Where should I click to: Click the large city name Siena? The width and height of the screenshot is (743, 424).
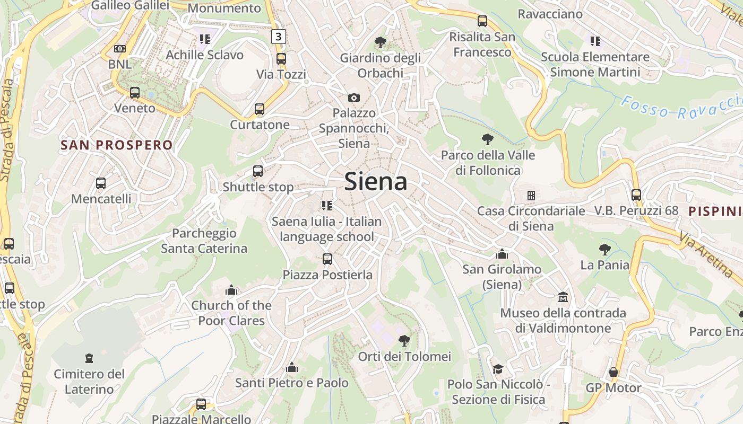coord(376,181)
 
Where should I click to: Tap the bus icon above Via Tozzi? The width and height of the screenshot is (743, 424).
coord(281,59)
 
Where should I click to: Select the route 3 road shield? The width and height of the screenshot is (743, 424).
coord(279,37)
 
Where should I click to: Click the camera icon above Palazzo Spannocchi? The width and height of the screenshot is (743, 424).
coord(354,98)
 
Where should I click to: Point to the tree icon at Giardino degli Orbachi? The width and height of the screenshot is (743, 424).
coord(380,42)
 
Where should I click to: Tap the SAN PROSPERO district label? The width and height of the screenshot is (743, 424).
coord(117,145)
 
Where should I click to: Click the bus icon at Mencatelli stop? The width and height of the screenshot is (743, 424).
coord(101,183)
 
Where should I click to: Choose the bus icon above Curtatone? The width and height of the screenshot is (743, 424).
coord(260,109)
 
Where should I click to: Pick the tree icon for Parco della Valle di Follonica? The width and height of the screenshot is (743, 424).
coord(488,140)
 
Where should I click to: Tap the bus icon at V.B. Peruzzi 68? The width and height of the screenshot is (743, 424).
coord(636,195)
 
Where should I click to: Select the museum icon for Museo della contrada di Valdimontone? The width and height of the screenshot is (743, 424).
coord(563,297)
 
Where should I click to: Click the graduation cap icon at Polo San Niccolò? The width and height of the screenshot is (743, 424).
coord(498,369)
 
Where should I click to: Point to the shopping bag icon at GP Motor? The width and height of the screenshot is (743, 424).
coord(614,372)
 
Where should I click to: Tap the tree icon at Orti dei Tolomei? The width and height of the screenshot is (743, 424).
coord(404,340)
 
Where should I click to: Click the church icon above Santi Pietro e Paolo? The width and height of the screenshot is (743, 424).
coord(292,367)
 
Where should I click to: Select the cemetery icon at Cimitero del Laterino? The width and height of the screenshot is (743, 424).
coord(89,358)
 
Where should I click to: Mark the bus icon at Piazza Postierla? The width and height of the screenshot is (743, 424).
coord(327,259)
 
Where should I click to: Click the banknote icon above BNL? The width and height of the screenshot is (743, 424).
coord(120,49)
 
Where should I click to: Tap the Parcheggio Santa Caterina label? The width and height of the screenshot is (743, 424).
coord(204,241)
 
